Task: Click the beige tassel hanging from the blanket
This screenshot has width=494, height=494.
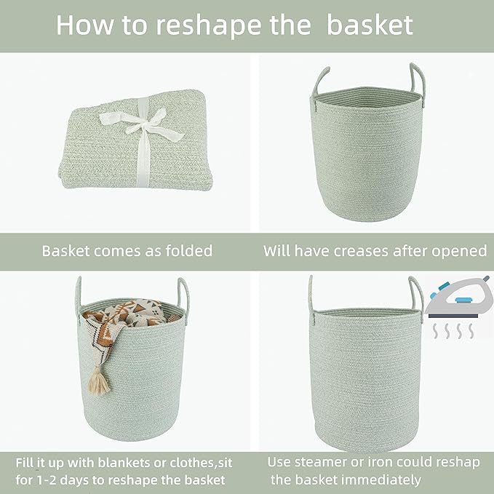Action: coord(100,379)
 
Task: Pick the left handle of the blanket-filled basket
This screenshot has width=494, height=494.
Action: coord(78,295)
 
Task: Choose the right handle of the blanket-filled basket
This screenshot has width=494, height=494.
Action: coord(183,295)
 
